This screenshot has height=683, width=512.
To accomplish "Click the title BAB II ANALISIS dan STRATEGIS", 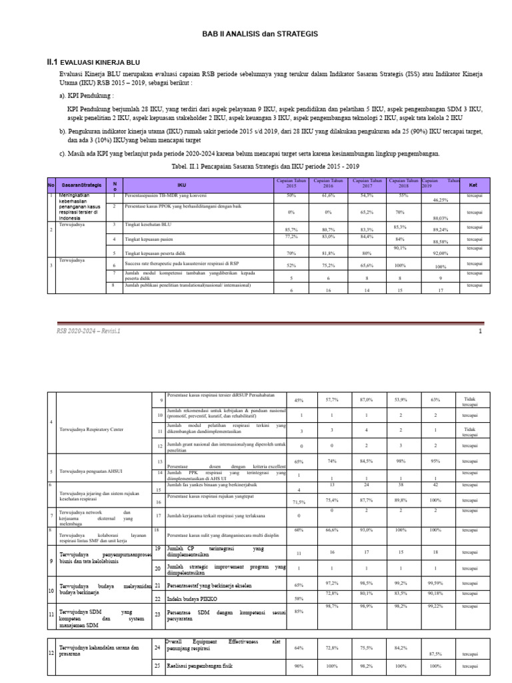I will coord(256,33).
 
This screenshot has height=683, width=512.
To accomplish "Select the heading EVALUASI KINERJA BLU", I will coord(100,61).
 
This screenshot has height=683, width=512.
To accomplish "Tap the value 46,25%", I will coord(441,199).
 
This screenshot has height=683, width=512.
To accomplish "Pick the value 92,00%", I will coord(441,253).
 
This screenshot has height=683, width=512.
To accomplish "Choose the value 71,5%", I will coord(299,501).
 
